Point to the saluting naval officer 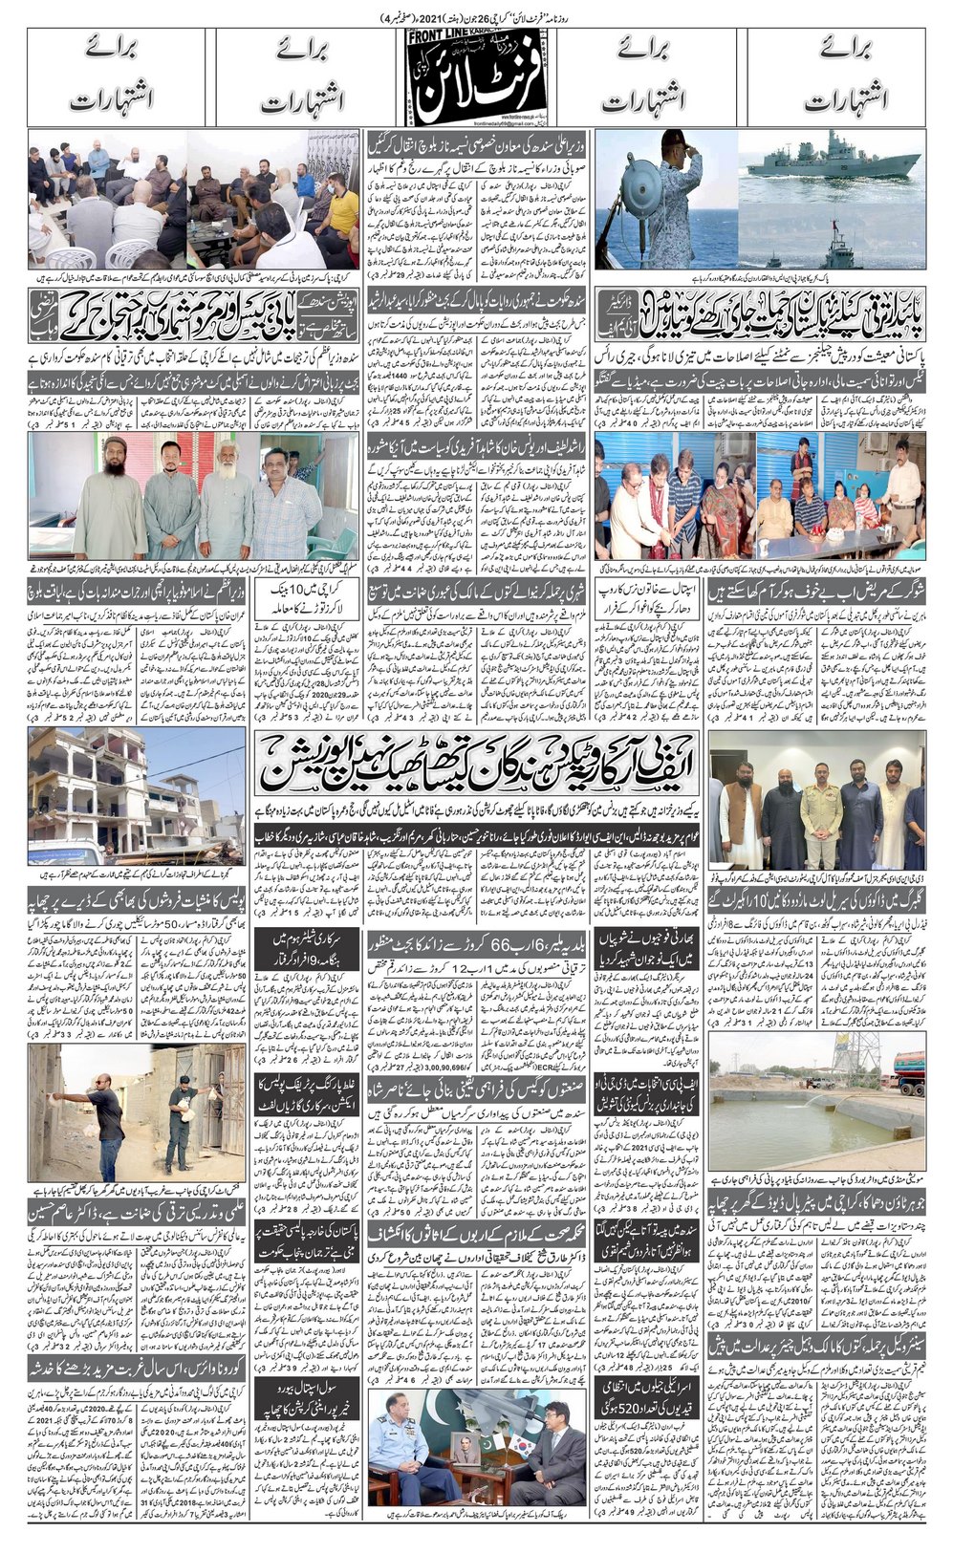pyautogui.click(x=669, y=191)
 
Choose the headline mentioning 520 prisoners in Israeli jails pyautogui.click(x=648, y=1394)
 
